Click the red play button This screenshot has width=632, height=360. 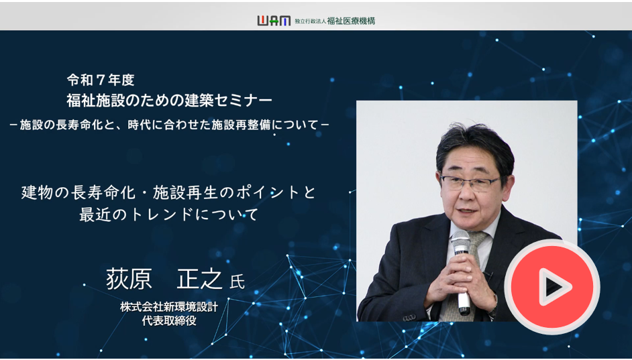(x=551, y=286)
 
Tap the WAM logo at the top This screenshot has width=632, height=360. (x=274, y=21)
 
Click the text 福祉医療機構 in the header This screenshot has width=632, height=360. (x=351, y=21)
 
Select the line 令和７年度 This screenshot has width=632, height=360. (x=101, y=80)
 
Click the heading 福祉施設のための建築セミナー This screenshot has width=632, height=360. (x=169, y=101)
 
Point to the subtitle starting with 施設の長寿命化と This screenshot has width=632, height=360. (x=169, y=125)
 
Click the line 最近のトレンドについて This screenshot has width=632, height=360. (x=168, y=215)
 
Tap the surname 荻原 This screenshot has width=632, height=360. (x=129, y=279)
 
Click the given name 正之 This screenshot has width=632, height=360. (x=199, y=279)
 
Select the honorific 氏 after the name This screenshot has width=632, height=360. (x=237, y=282)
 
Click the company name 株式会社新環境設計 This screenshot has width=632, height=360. (x=169, y=307)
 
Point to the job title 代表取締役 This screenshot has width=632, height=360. (x=169, y=320)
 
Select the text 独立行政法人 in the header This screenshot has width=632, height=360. (x=310, y=21)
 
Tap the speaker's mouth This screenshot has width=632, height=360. (x=468, y=211)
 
